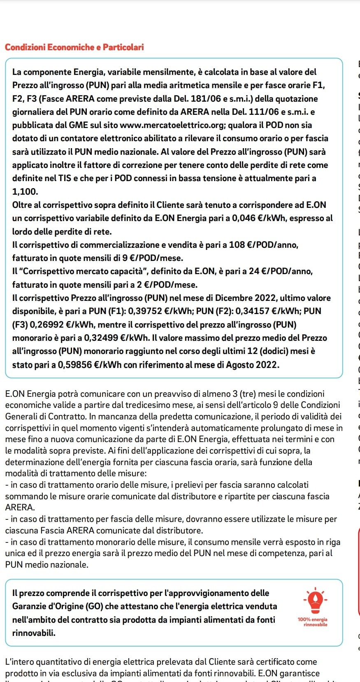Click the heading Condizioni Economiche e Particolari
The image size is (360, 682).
[x=74, y=47]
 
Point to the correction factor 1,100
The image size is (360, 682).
[x=25, y=191]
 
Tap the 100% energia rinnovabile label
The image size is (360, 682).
[x=313, y=622]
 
